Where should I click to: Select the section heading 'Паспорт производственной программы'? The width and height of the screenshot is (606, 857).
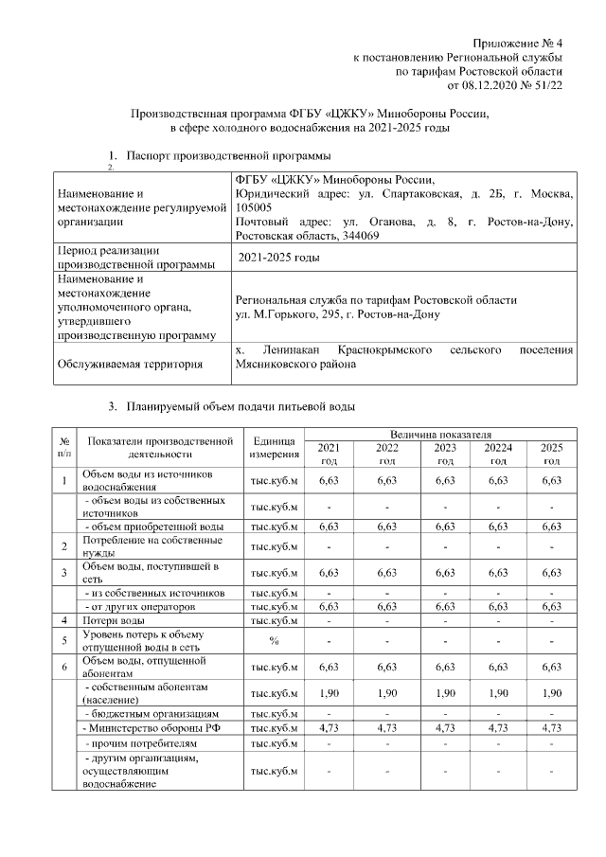point(230,154)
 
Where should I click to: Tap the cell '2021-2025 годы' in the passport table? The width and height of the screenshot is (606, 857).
point(278,258)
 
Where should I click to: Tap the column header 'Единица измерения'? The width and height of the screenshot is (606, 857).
point(275,448)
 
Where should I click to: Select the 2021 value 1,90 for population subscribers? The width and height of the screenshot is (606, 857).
point(329,692)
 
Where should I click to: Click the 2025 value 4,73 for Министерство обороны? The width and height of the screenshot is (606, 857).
point(550,727)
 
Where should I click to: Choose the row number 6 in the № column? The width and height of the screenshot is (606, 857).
point(63,666)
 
